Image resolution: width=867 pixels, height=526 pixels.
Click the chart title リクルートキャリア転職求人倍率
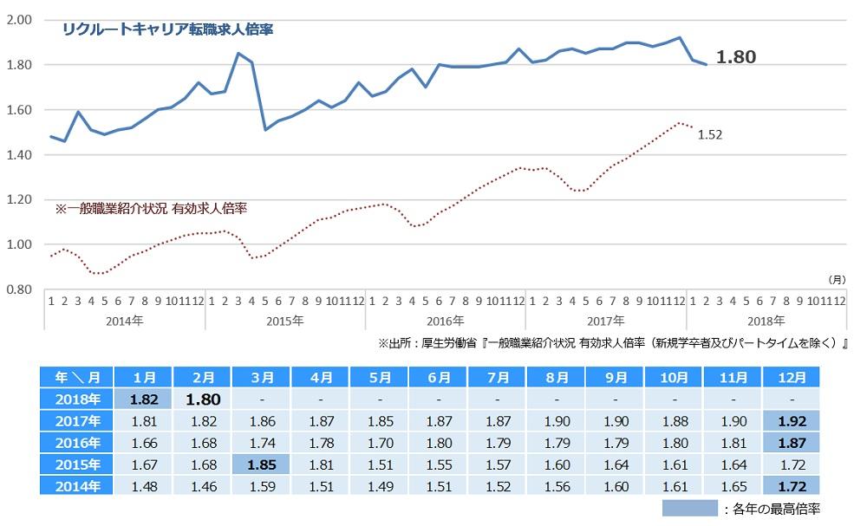click(167, 29)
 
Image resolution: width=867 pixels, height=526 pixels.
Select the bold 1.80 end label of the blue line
click(735, 57)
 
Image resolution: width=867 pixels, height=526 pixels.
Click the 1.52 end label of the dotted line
click(709, 134)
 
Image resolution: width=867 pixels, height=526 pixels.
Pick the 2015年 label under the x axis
click(285, 321)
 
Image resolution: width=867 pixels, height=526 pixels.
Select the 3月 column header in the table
click(261, 378)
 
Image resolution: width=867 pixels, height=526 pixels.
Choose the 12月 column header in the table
click(791, 378)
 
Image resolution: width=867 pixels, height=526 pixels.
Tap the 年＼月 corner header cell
click(72, 378)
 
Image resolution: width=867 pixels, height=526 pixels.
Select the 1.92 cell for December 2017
click(791, 422)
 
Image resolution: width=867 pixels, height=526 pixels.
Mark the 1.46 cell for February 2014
click(202, 486)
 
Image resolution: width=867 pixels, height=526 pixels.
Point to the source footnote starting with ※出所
click(612, 343)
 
